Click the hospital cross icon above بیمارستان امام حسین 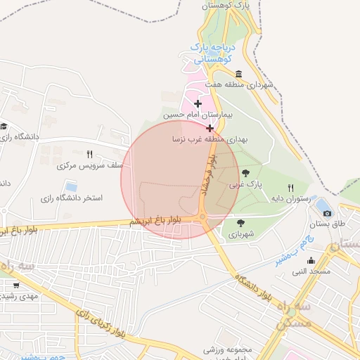pyautogui.click(x=198, y=103)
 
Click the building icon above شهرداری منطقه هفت pyautogui.click(x=239, y=74)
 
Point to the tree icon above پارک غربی pyautogui.click(x=245, y=173)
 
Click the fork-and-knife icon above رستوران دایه pyautogui.click(x=290, y=188)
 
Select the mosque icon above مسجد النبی pyautogui.click(x=311, y=261)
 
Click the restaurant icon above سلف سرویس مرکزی pyautogui.click(x=89, y=154)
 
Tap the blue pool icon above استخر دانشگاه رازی pyautogui.click(x=71, y=186)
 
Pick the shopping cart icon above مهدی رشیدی pyautogui.click(x=15, y=285)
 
